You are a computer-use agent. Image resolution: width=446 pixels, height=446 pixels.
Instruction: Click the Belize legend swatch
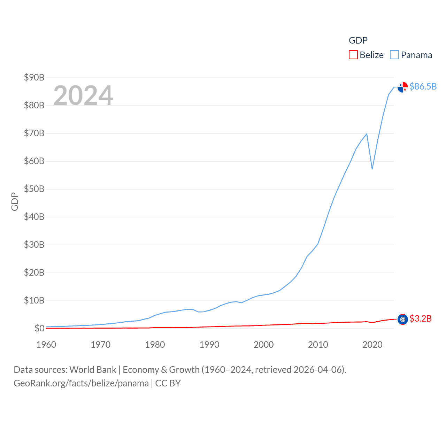coord(353,55)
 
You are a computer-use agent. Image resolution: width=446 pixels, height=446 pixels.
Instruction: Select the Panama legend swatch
coord(394,55)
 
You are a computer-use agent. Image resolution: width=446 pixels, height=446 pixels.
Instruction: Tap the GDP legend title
coord(358,40)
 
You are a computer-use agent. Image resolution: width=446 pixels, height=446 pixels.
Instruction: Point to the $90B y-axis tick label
coord(34,77)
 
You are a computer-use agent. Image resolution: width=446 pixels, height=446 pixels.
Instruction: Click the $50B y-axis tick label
coord(34,189)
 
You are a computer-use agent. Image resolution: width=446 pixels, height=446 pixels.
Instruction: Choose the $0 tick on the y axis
coord(39,328)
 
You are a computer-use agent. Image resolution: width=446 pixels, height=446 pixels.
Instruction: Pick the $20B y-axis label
coord(34,272)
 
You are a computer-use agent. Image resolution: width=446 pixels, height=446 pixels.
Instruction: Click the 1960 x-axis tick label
coord(46,345)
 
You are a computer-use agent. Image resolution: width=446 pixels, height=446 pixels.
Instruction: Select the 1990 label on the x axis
coord(209,345)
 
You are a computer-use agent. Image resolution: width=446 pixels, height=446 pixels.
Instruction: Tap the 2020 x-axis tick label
coord(372,345)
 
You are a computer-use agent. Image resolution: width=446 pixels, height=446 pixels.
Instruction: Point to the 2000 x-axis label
coord(264,345)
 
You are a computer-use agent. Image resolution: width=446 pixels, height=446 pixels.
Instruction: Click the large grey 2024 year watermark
coord(83,95)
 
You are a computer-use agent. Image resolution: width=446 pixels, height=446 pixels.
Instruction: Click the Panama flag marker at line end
coord(403,87)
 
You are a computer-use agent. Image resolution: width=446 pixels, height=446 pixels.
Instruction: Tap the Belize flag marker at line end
coord(403,319)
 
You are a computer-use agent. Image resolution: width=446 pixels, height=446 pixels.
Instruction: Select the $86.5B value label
coord(423,86)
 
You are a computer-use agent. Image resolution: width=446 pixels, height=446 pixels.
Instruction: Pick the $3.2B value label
coord(421,318)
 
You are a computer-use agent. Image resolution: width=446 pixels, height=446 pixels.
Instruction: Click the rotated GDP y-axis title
coord(15,201)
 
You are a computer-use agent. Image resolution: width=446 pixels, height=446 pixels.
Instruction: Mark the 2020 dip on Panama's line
coord(372,169)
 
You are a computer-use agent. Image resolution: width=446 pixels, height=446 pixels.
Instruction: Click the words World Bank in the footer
coord(93,370)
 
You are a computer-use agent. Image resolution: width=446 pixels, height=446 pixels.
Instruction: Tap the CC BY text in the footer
coord(168,383)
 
